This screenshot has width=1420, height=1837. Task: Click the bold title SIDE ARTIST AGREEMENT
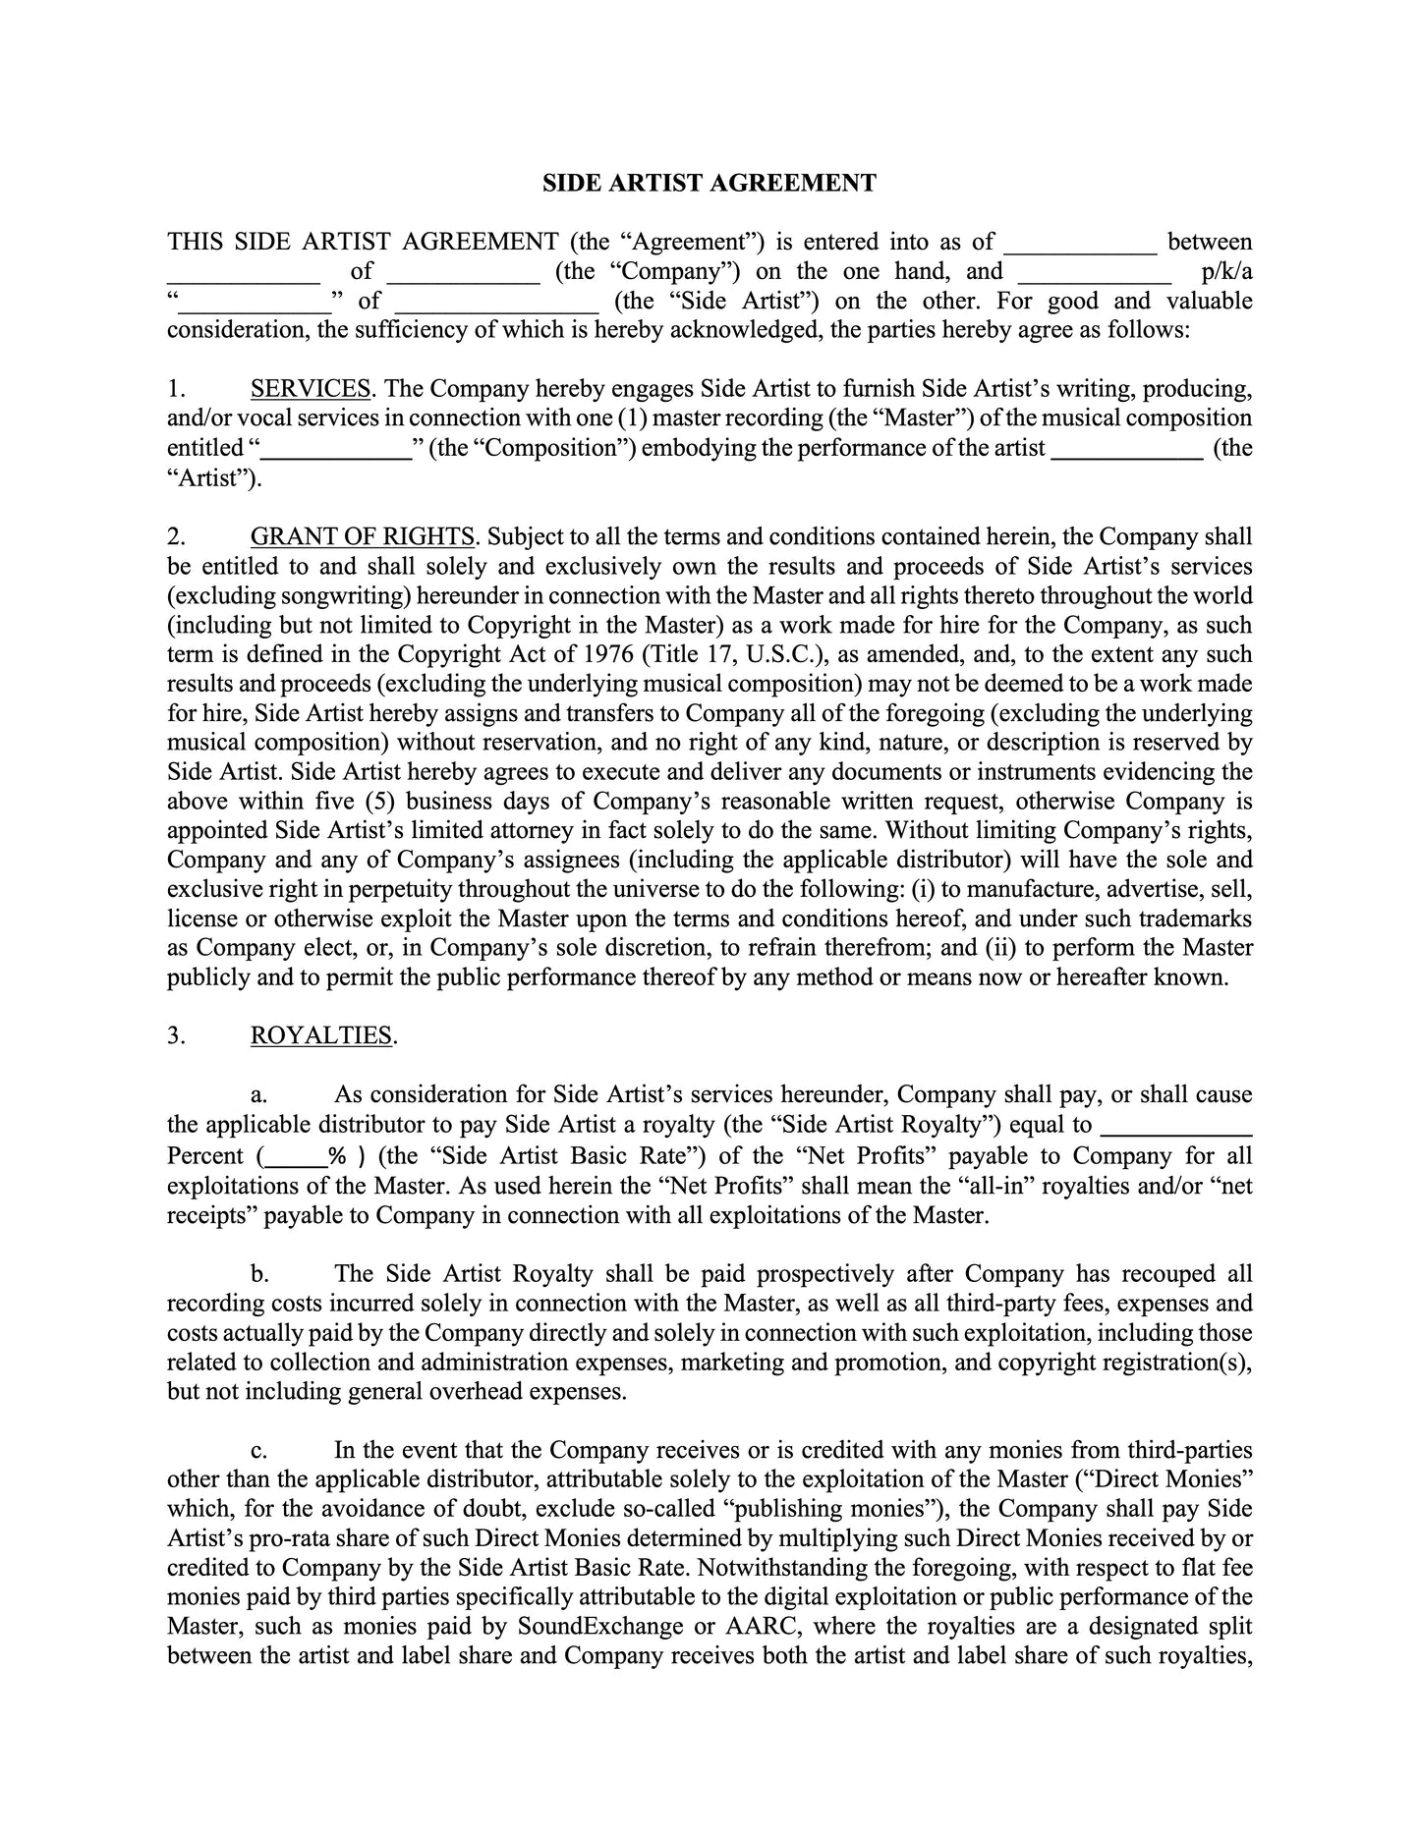click(x=709, y=183)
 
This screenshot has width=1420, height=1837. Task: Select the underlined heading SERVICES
click(x=311, y=389)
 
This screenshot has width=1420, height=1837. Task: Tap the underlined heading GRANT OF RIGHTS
click(x=363, y=536)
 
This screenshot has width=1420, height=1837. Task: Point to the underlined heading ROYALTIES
click(x=321, y=1035)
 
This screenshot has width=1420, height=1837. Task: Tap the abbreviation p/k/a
click(x=1226, y=271)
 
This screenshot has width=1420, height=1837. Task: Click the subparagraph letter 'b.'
click(x=259, y=1274)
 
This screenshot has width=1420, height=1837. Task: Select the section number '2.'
click(x=176, y=536)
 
